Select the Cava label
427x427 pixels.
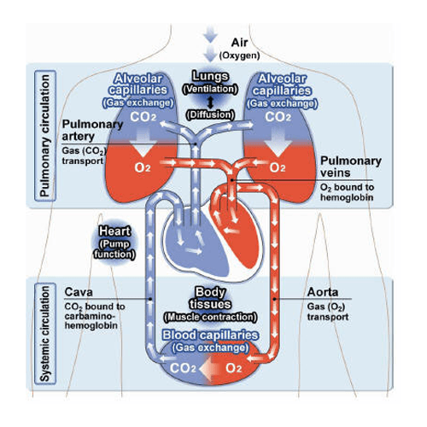[x=79, y=291]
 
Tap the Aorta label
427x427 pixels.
[x=326, y=291]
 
